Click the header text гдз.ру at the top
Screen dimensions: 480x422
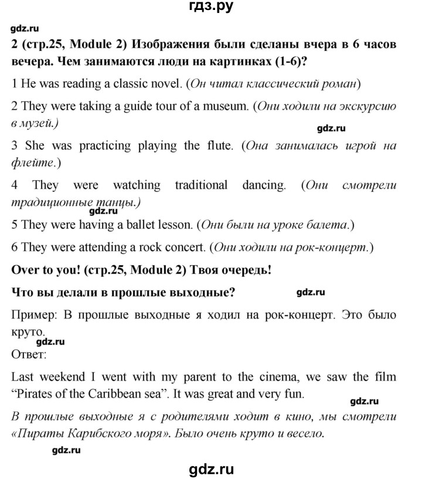tap(210, 8)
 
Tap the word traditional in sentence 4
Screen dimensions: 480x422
tap(202, 186)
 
